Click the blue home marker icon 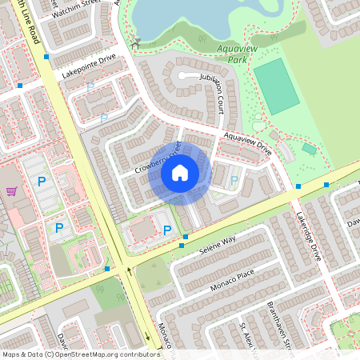(180, 173)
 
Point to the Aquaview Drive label (248, 144)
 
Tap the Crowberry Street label (158, 158)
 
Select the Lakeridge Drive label (308, 237)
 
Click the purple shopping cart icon (11, 191)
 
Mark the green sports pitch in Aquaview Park (277, 84)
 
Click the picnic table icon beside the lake (136, 43)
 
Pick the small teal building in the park (309, 149)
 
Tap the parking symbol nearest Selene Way (167, 230)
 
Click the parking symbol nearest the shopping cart (41, 182)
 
